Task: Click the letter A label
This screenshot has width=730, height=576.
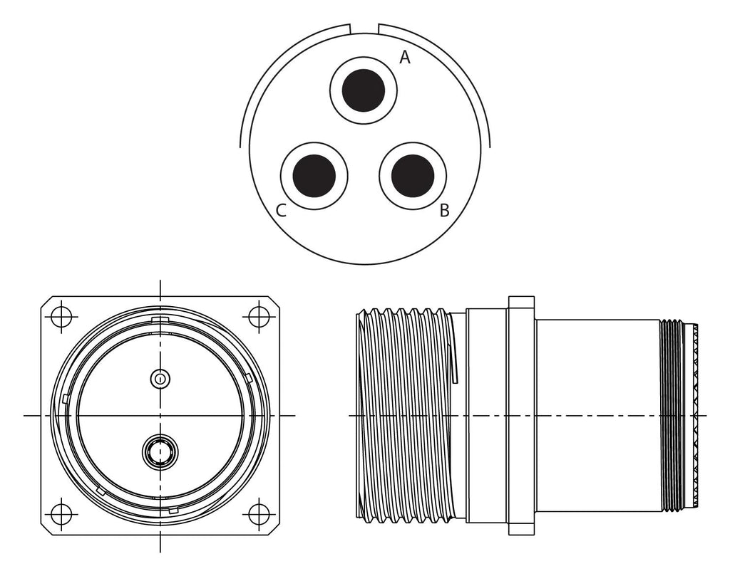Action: tap(405, 58)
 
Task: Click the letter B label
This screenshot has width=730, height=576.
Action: tap(445, 211)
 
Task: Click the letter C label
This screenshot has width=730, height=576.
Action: tap(281, 211)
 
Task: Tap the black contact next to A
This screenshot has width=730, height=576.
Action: tap(363, 90)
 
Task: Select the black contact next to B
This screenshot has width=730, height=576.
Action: tap(413, 176)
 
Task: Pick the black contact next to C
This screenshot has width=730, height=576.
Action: tap(314, 176)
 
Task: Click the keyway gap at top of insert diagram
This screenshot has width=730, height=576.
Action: tap(364, 28)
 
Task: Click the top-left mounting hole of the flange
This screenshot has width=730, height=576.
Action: tap(62, 317)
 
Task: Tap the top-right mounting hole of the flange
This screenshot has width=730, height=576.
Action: tap(259, 317)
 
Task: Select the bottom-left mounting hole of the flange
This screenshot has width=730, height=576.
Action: tap(62, 514)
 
